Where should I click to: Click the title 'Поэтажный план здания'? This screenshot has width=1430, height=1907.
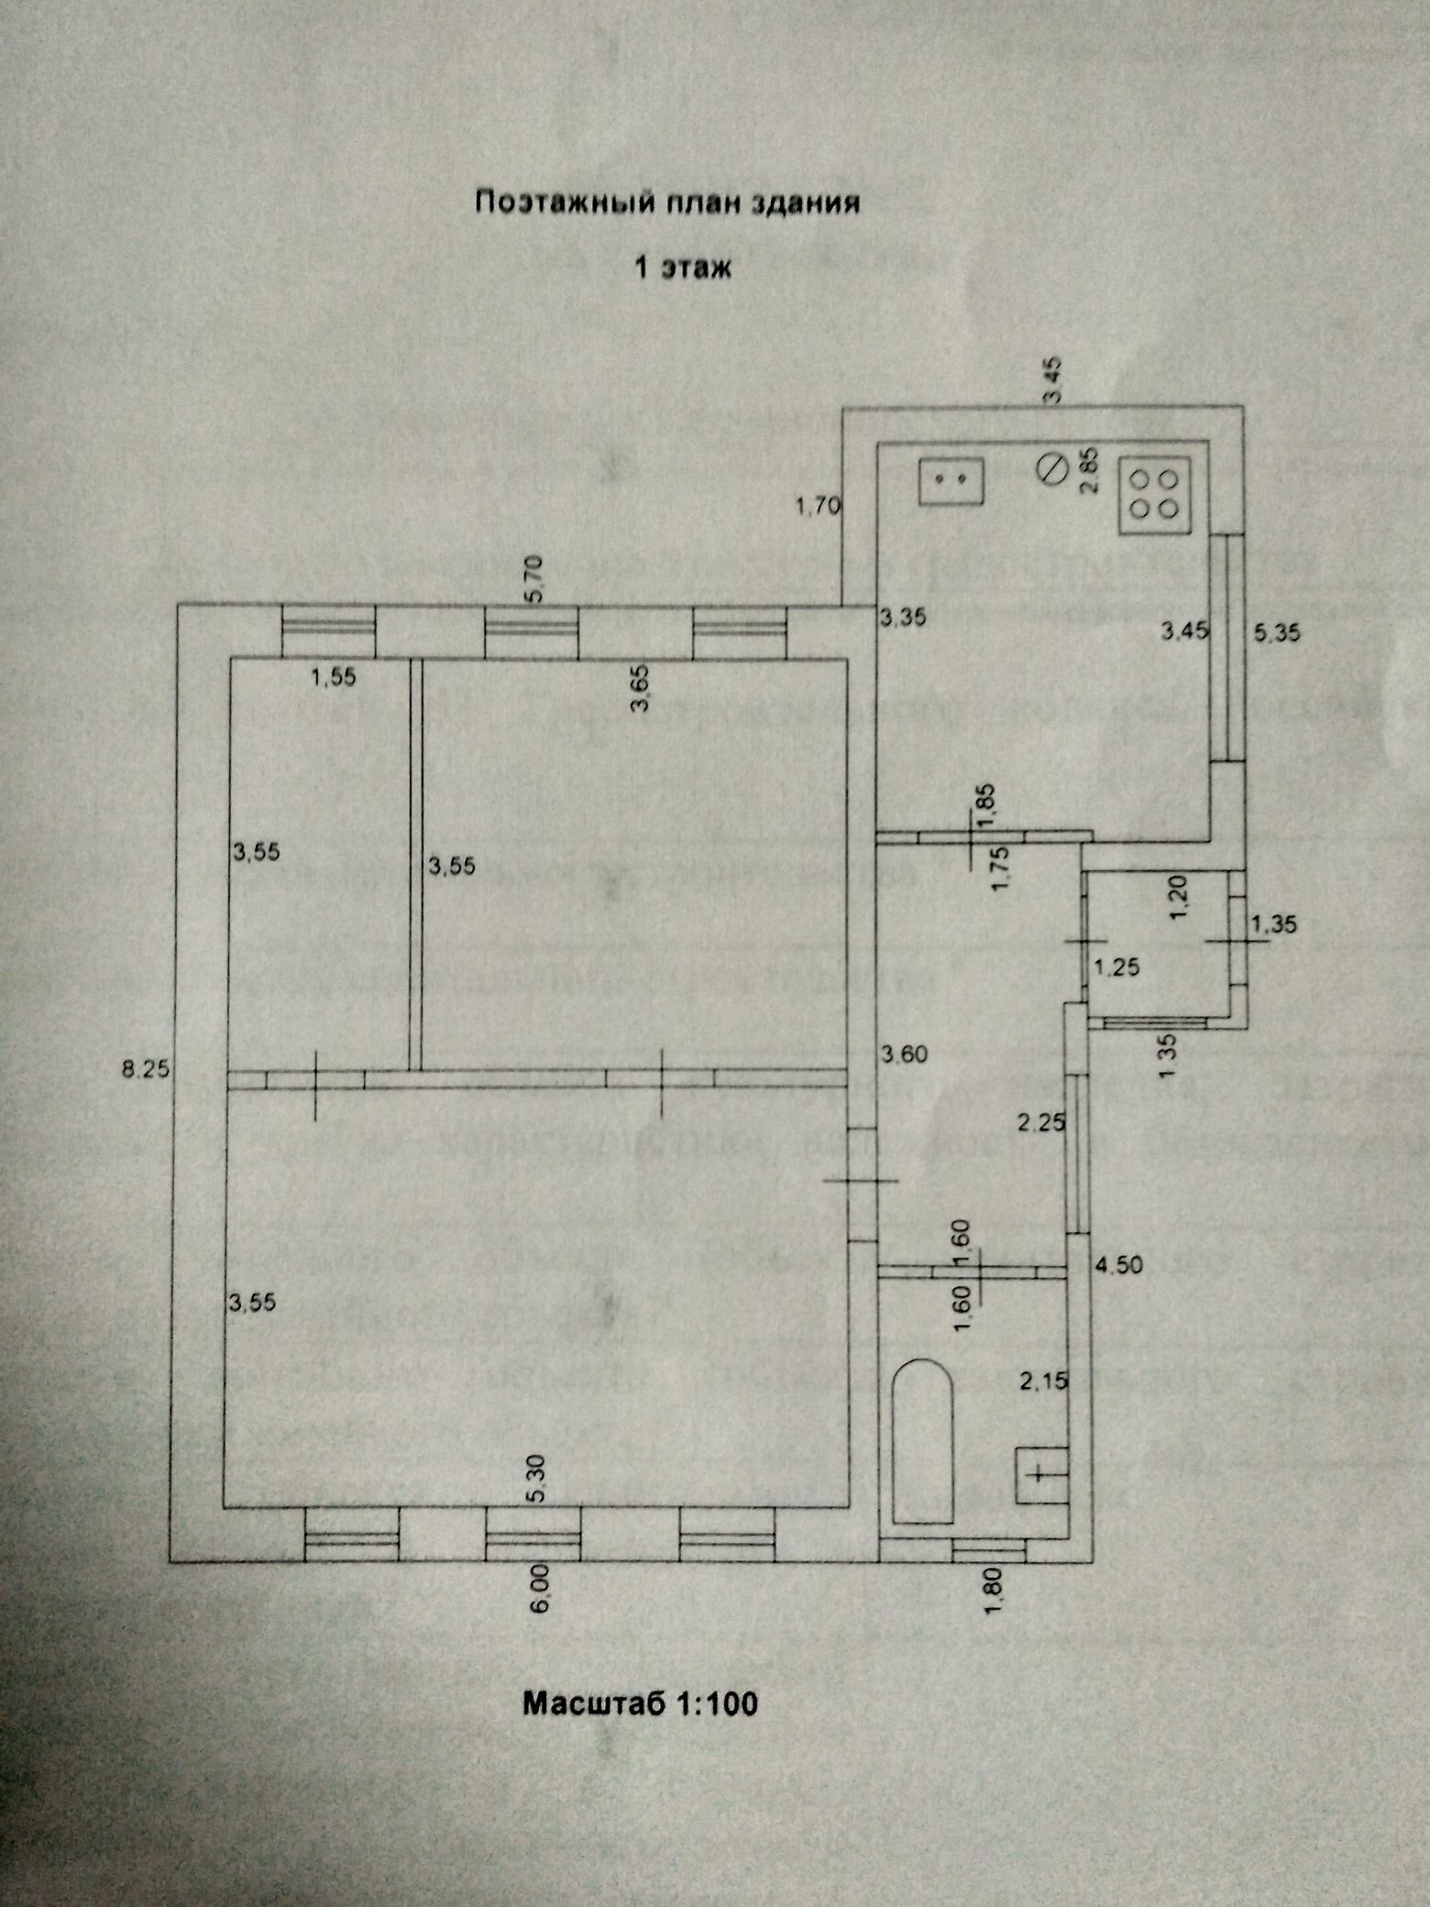pyautogui.click(x=666, y=203)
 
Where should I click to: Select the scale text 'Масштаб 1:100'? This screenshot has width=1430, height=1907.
pyautogui.click(x=640, y=1703)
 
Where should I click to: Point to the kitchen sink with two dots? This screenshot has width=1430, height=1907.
pyautogui.click(x=951, y=480)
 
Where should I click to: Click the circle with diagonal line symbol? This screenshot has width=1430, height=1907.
pyautogui.click(x=1051, y=469)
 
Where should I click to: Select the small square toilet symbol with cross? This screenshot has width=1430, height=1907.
pyautogui.click(x=1040, y=1474)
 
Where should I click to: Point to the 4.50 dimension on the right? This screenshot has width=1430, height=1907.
pyautogui.click(x=1119, y=1265)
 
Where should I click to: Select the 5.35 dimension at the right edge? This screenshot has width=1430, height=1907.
pyautogui.click(x=1276, y=631)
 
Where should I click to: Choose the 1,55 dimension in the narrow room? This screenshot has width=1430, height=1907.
pyautogui.click(x=334, y=678)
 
